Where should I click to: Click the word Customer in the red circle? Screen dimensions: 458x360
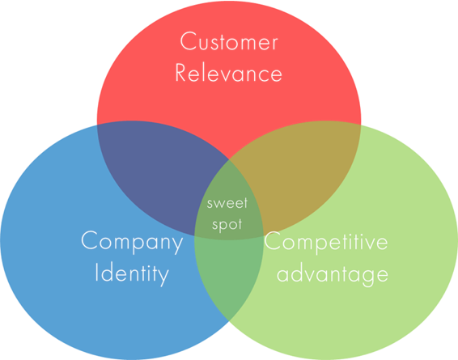click(229, 41)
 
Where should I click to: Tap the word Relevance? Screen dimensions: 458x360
click(228, 73)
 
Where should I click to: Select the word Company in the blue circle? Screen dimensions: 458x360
click(132, 242)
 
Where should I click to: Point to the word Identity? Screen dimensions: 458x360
click(132, 273)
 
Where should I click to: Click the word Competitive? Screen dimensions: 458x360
click(326, 242)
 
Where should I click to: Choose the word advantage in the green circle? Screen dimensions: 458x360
click(333, 274)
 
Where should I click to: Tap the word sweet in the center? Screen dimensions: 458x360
click(227, 203)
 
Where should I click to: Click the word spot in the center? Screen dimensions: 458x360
click(227, 225)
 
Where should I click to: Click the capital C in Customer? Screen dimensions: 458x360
click(187, 41)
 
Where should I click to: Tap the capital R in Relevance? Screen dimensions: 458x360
click(181, 72)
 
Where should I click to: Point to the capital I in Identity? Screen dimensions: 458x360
click(96, 272)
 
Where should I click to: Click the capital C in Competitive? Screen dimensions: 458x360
click(272, 240)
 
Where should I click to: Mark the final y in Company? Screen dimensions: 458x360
click(177, 245)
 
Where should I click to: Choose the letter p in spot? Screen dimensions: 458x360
click(218, 227)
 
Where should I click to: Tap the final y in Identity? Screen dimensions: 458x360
click(163, 277)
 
